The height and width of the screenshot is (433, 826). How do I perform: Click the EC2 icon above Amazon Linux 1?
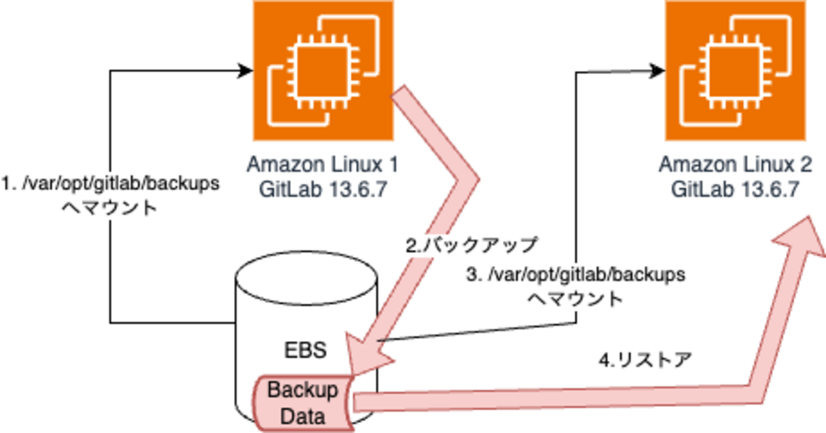point(323,70)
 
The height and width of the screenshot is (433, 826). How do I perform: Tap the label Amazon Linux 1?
point(323,165)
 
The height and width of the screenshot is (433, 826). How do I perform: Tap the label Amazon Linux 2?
point(735,165)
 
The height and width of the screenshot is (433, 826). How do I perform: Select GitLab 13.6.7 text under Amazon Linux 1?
point(323,190)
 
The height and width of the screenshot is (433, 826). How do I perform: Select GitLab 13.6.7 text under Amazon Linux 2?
point(735,190)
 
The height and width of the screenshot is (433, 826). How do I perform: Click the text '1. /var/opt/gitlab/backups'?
point(111,184)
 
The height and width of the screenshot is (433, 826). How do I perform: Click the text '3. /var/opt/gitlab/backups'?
point(576,275)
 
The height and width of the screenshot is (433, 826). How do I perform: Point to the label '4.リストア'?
point(645,361)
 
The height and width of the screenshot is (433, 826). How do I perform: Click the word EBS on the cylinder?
point(306,350)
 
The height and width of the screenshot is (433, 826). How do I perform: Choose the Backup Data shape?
point(301,403)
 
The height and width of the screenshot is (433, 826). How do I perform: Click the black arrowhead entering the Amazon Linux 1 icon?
point(245,70)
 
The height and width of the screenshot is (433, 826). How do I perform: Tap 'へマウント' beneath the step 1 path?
point(111,208)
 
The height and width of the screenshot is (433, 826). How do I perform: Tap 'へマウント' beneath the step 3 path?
point(576,298)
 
